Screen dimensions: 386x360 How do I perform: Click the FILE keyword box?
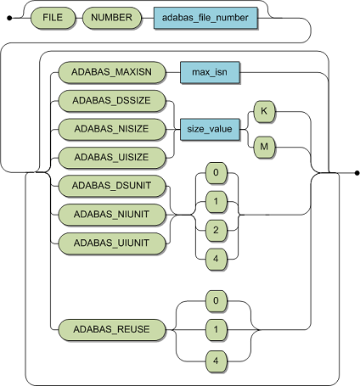click(x=53, y=16)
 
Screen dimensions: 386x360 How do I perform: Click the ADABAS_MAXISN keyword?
click(x=112, y=73)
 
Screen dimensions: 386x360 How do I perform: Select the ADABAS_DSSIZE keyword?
click(x=112, y=102)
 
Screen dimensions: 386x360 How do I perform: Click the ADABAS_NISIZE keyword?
click(x=112, y=130)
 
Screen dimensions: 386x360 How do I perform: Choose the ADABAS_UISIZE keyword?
click(x=112, y=157)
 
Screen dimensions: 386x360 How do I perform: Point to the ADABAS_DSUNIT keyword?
click(x=112, y=187)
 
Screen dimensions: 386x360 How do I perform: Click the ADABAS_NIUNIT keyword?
click(x=112, y=215)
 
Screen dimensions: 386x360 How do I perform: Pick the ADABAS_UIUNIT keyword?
click(x=112, y=243)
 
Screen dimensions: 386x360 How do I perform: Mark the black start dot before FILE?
click(x=8, y=16)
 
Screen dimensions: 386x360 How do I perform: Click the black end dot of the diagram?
click(x=356, y=174)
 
